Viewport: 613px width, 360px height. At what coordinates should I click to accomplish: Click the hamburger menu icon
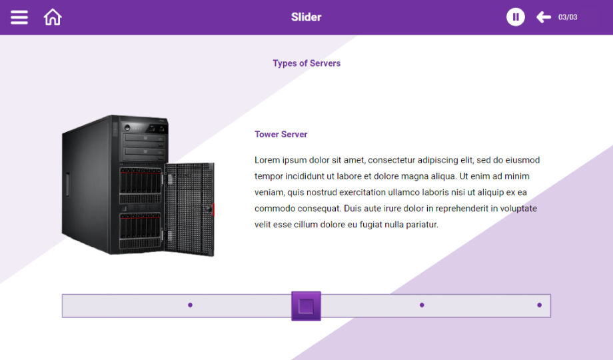[x=19, y=17]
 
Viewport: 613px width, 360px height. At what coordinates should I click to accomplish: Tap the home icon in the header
[x=53, y=17]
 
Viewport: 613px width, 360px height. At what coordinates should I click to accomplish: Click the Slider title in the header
[x=306, y=17]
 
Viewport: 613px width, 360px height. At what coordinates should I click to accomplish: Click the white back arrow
[x=544, y=17]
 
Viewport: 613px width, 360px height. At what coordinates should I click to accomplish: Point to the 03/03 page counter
[x=568, y=17]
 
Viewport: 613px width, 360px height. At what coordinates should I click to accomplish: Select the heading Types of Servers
[x=306, y=63]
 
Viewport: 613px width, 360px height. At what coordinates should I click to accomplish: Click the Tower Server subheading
[x=281, y=134]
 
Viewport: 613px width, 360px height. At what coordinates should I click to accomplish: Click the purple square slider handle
[x=306, y=306]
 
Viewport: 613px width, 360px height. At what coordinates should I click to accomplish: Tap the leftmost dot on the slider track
[x=190, y=305]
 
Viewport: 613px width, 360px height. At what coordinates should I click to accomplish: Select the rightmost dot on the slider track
[x=540, y=305]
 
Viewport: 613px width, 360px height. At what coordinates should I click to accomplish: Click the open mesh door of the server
[x=189, y=209]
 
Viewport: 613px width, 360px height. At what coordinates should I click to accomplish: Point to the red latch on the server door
[x=213, y=210]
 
